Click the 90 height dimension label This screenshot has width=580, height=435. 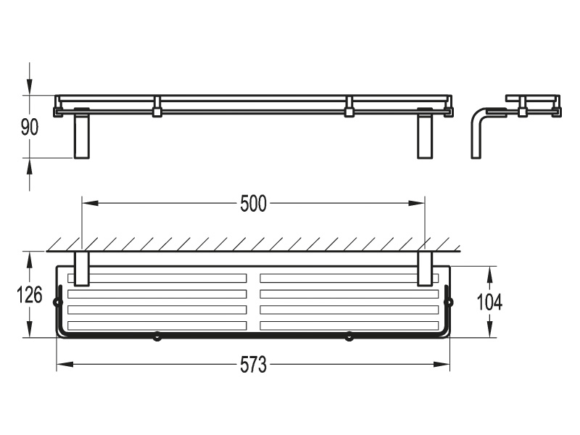tap(30, 128)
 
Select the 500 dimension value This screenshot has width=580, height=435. tap(253, 204)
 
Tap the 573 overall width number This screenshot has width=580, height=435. tap(253, 365)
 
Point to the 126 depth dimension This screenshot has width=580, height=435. tap(30, 295)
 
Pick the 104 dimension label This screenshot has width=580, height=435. tap(489, 302)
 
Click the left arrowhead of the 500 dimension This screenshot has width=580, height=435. tap(90, 203)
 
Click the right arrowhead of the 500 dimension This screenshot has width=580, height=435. tap(416, 203)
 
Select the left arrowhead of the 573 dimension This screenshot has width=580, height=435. tap(65, 365)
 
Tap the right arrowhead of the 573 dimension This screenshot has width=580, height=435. tap(442, 365)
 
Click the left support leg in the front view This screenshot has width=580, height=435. tap(82, 133)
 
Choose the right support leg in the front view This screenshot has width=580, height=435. tap(425, 133)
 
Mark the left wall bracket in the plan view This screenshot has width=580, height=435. tap(82, 269)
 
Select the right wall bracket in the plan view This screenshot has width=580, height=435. tap(425, 269)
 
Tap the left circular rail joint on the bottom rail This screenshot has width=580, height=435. tap(157, 336)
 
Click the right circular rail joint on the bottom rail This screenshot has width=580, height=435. tap(349, 336)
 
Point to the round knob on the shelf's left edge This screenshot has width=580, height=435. tap(57, 302)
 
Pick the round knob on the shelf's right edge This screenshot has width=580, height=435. tap(449, 302)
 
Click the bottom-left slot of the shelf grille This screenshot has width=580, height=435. tap(157, 326)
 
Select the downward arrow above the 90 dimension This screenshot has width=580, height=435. tap(30, 87)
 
